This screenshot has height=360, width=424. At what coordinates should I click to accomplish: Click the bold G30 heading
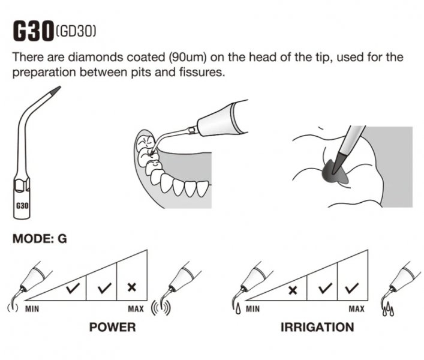[x=33, y=31]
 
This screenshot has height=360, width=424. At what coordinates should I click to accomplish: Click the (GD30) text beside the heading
[x=76, y=31]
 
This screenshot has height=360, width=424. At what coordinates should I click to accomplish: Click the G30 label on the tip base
[x=22, y=206]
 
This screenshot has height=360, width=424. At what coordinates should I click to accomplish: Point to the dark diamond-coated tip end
[x=56, y=91]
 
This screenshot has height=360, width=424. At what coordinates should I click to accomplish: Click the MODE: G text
[x=40, y=239]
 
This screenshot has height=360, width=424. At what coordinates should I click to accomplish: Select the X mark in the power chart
[x=132, y=287]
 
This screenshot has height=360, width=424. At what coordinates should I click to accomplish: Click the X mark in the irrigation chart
[x=293, y=290]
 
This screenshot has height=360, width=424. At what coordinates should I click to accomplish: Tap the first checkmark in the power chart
[x=73, y=289]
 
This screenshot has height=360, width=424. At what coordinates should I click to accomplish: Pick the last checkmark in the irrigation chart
[x=352, y=289]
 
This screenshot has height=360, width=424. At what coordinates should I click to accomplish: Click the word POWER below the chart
[x=113, y=327]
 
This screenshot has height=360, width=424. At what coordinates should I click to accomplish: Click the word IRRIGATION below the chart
[x=317, y=327]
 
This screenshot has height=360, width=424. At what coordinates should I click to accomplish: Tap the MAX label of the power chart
[x=136, y=308]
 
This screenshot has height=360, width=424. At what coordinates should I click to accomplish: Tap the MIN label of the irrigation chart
[x=252, y=308]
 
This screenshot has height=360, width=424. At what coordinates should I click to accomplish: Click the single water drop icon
[x=238, y=309]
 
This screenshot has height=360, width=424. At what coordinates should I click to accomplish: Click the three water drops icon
[x=388, y=310]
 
